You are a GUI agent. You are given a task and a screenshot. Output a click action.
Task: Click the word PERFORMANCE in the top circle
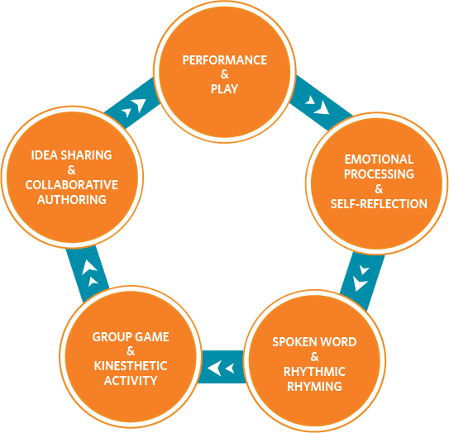pos(225,60)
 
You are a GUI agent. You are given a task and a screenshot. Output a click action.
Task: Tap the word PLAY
pos(225,89)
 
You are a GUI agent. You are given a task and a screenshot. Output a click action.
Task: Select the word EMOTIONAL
pos(379,159)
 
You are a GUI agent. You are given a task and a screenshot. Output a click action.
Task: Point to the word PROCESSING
pos(379,174)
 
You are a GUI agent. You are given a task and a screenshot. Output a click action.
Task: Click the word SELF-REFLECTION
pos(379,204)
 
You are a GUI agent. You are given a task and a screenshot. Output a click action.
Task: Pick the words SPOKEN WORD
pos(314,342)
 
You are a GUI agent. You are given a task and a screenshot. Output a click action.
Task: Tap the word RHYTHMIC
pos(314,372)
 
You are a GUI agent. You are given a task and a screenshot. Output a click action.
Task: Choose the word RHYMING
pos(314,387)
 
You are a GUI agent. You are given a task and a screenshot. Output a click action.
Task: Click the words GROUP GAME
pos(131,337)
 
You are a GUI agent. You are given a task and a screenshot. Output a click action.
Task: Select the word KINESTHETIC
pos(131,366)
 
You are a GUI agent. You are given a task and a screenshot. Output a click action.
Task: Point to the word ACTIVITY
pos(131,381)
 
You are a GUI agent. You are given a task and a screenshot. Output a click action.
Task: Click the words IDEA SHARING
pos(72,155)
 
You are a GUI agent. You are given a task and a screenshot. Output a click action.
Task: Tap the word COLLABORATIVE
pos(72,185)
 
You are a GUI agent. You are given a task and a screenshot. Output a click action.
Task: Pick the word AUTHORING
pos(72,200)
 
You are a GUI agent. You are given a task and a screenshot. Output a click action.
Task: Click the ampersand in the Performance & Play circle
pos(225,74)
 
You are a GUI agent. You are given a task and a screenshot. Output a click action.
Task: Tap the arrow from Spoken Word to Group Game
pos(222,367)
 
